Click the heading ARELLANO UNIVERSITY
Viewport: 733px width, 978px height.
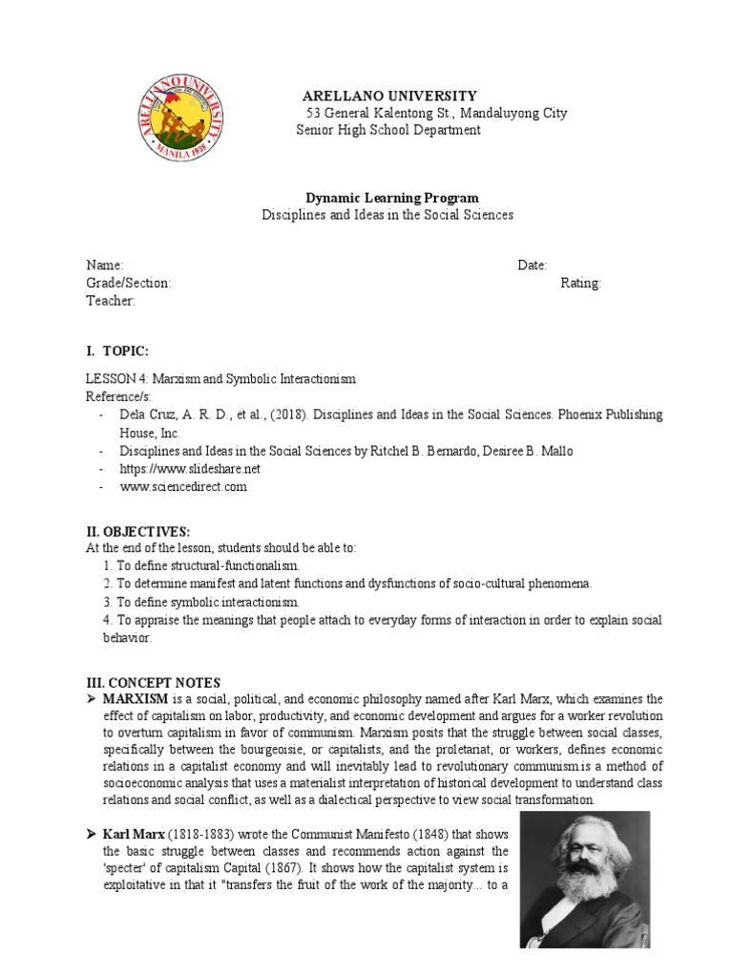tap(388, 96)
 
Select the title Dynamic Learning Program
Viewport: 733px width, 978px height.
tap(385, 198)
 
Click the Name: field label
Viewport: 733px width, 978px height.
tap(104, 266)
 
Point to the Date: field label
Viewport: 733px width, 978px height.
tap(532, 266)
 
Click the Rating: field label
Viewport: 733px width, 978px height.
tap(581, 283)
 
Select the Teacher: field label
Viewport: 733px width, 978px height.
tap(111, 301)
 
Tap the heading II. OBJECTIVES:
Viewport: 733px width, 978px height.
tap(138, 530)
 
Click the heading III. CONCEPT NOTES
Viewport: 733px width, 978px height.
tap(153, 682)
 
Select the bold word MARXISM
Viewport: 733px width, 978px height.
tap(136, 699)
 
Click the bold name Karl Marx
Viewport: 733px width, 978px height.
tap(134, 835)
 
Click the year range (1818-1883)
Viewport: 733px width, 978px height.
tap(206, 835)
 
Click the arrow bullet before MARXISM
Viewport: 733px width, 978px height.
tap(93, 699)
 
